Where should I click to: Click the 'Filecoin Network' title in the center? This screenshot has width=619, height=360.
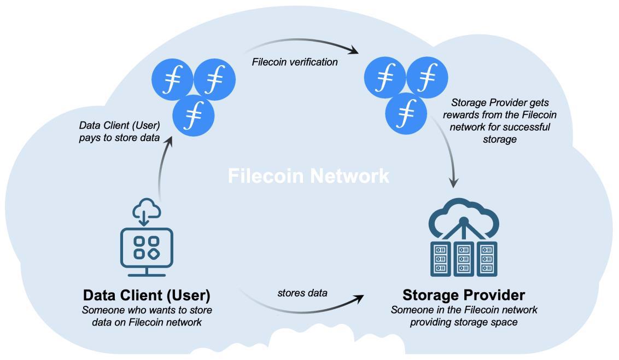308,176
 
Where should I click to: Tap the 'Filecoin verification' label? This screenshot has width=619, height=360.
295,62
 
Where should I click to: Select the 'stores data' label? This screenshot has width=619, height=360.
302,293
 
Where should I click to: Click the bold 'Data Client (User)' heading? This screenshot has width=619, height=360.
147,295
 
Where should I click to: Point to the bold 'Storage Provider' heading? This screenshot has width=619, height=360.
464,295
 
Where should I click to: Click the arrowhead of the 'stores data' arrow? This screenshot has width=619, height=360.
359,297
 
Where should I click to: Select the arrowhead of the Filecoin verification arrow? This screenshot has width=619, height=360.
354,51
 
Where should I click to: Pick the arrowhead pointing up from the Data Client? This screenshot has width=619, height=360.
170,140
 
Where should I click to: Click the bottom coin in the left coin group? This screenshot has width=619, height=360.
194,115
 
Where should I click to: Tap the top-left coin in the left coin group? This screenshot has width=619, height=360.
172,80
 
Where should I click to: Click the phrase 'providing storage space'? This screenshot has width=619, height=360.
464,322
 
